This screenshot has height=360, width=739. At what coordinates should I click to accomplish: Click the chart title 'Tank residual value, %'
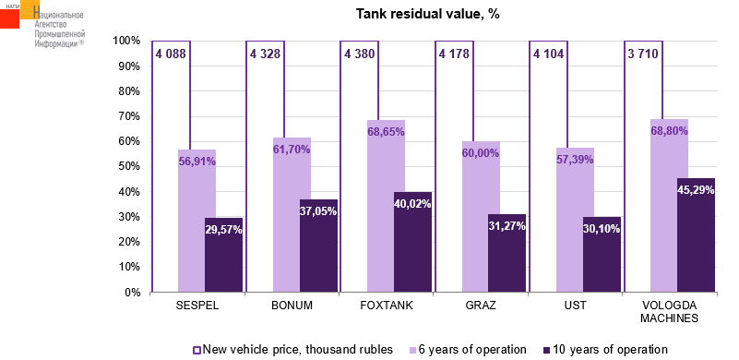[427, 14]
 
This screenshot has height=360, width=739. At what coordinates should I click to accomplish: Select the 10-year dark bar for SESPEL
[223, 255]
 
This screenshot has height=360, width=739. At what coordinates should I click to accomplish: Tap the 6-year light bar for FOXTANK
[386, 206]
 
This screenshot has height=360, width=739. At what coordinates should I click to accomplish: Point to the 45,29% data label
[696, 191]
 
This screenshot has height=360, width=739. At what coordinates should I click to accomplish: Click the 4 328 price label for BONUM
[266, 54]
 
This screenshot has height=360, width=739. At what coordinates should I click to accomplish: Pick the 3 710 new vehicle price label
[643, 54]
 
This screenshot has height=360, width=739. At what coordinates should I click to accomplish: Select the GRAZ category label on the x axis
[481, 306]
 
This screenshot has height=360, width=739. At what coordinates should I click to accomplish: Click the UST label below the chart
[575, 306]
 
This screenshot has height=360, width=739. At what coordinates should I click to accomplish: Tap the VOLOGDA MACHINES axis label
[669, 311]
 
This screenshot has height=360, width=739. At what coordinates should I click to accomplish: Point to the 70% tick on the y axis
[126, 116]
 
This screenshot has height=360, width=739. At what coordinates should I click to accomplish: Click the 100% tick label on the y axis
[126, 41]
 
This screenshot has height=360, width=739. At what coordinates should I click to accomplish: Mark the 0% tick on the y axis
[132, 293]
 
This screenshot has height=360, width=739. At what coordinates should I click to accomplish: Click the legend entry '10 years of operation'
[605, 350]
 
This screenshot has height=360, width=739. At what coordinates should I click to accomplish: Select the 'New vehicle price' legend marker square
[197, 350]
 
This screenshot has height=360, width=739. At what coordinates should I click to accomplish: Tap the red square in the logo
[9, 18]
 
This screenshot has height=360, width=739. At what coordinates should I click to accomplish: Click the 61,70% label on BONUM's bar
[292, 150]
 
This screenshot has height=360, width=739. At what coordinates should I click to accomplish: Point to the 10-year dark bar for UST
[602, 255]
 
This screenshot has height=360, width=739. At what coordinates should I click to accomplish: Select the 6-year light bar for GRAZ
[481, 217]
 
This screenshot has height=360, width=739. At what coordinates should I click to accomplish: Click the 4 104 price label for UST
[548, 54]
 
